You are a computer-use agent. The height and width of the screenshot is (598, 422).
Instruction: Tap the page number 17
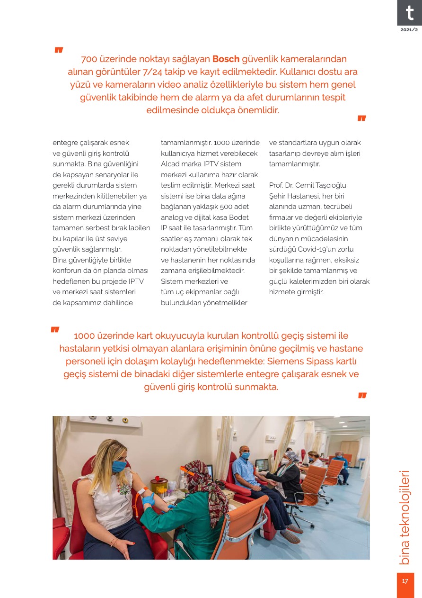click(x=405, y=581)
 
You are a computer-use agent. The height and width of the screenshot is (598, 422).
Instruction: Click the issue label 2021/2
click(x=409, y=30)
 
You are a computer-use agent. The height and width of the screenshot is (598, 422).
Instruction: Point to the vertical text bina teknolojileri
click(x=404, y=517)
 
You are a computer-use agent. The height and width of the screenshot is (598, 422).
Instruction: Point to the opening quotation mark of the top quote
click(x=59, y=50)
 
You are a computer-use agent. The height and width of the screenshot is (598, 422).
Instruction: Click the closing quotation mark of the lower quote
click(x=362, y=395)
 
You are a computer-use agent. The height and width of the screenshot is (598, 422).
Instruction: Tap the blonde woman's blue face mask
click(x=119, y=466)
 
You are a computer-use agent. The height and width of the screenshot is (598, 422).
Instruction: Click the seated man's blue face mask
click(x=245, y=455)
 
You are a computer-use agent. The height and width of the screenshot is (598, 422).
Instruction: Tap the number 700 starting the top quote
click(x=90, y=59)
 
